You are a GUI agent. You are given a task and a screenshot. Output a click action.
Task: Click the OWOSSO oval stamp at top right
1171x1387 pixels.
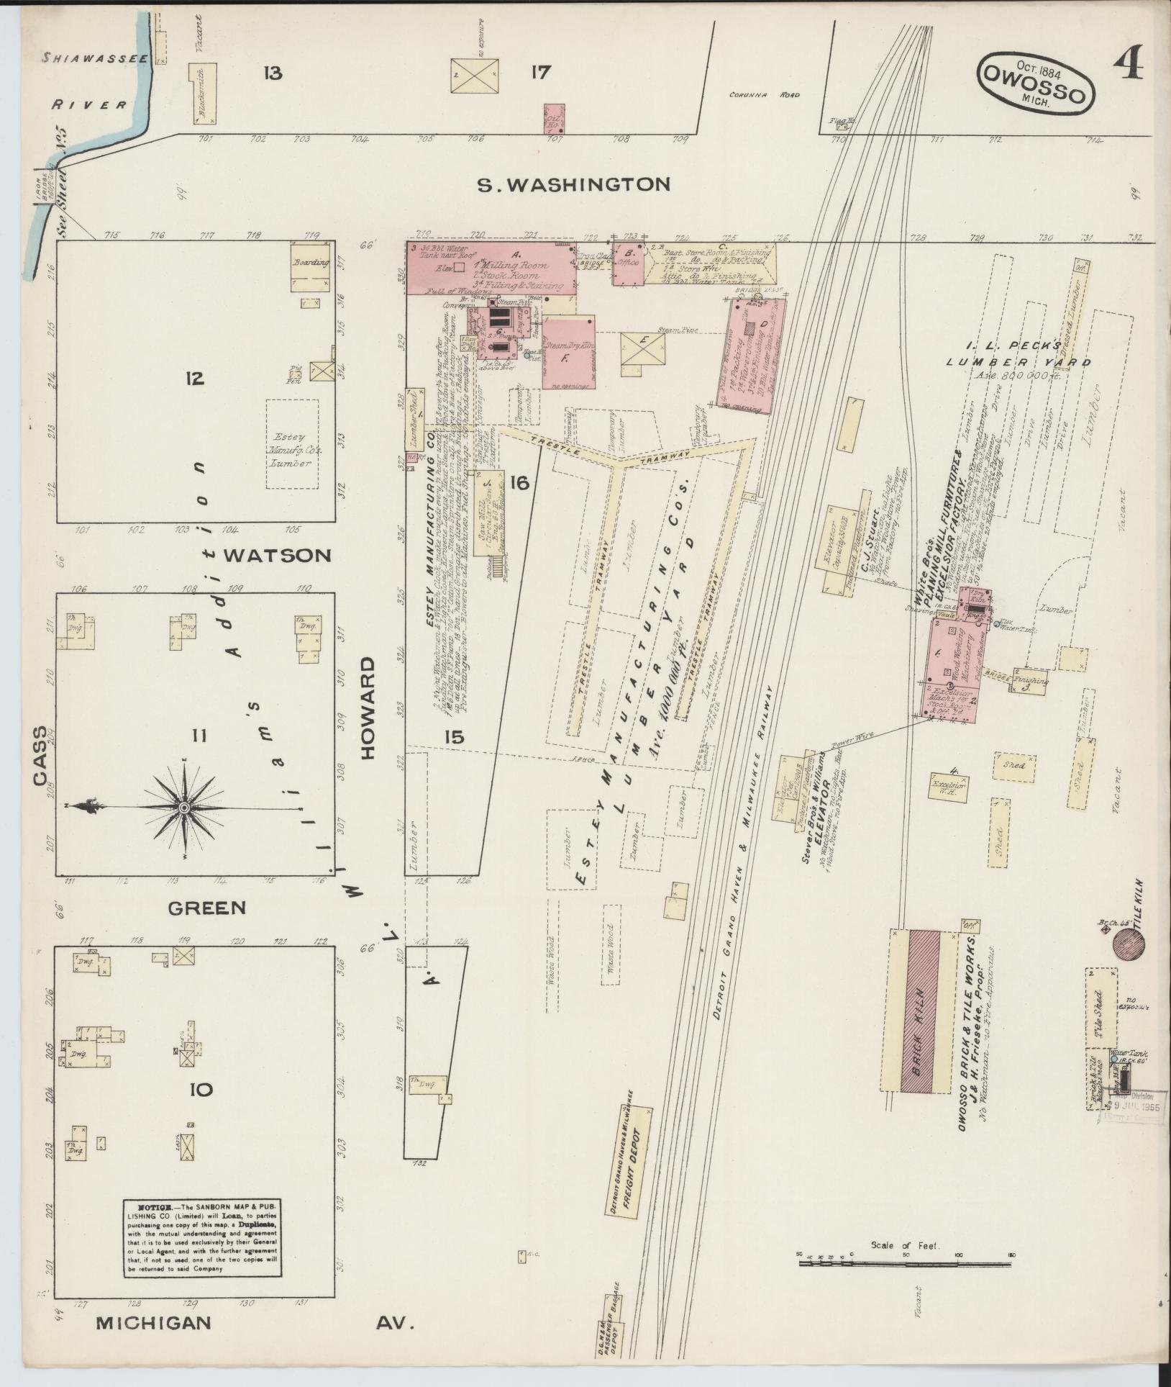[1035, 82]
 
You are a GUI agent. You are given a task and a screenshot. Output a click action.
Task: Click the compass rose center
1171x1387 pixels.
[184, 808]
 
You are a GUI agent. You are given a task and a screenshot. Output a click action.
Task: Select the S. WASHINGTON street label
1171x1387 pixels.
[575, 185]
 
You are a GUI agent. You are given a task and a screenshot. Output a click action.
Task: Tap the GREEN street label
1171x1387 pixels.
[207, 908]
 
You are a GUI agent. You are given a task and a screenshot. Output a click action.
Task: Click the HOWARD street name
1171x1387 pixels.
[368, 708]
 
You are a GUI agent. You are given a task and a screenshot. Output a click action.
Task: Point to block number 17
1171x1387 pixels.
[540, 73]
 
